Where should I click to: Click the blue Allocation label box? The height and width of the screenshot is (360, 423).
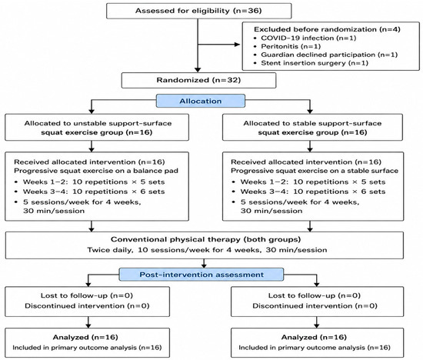[201, 101]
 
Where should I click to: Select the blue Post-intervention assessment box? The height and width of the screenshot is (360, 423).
[202, 275]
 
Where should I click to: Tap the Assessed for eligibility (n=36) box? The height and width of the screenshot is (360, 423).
[199, 11]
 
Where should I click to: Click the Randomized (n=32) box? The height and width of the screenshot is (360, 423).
[199, 80]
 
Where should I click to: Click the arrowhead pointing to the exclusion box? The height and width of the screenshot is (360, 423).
[238, 45]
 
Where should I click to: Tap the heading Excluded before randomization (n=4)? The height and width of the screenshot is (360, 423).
[327, 29]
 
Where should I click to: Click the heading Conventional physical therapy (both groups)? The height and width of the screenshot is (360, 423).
[205, 239]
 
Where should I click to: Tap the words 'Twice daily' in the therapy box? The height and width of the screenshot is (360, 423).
[110, 250]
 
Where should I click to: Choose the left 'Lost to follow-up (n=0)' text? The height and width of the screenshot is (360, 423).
[87, 295]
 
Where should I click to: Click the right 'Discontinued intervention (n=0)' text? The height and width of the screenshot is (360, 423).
[315, 305]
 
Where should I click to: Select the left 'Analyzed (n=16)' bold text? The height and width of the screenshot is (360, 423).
[85, 337]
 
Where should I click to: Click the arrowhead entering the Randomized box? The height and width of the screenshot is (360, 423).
[198, 70]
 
